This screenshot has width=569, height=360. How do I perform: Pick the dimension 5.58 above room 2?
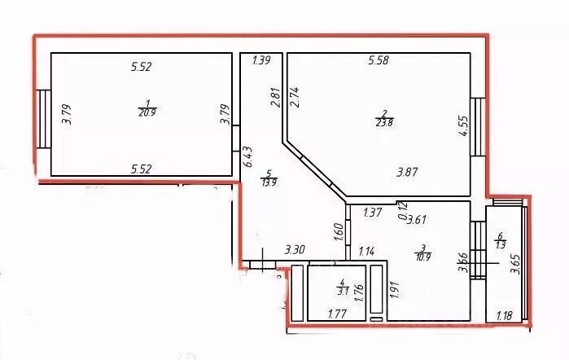pos(382,60)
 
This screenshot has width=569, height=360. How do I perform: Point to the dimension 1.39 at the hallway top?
pos(261,60)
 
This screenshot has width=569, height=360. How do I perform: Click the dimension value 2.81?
pos(275,98)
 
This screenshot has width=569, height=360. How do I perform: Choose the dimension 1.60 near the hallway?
pos(338,231)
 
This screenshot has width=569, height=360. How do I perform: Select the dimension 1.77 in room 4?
pos(338,312)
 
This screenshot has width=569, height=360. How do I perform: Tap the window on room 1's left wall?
pos(43,119)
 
